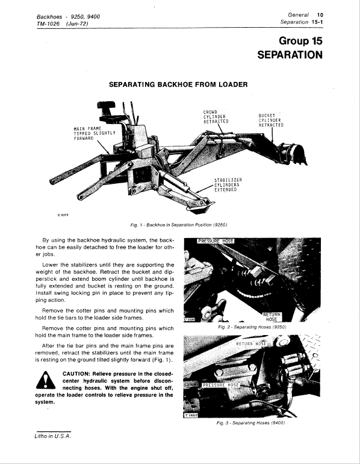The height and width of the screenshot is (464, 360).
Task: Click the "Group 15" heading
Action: (300, 40)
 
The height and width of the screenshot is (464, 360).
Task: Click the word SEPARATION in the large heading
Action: (290, 55)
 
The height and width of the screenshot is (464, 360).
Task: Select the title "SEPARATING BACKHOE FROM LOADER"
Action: (178, 84)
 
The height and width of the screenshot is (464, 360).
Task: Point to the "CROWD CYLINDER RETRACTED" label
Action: (216, 116)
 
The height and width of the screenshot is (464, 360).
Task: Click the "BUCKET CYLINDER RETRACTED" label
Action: (271, 120)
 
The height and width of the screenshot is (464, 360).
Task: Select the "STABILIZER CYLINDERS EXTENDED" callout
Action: (228, 184)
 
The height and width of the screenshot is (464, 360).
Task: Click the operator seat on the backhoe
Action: (107, 110)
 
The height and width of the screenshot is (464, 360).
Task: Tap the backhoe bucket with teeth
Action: (294, 153)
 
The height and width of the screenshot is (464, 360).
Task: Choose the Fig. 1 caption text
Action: (179, 225)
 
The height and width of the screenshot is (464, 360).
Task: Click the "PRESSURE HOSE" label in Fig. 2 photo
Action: (216, 241)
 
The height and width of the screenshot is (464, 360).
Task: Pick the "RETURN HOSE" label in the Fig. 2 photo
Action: (272, 317)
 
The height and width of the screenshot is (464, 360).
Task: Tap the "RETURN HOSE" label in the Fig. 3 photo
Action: (251, 343)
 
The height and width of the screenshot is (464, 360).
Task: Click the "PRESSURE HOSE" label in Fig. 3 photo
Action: (220, 385)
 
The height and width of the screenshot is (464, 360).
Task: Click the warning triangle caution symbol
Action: (46, 380)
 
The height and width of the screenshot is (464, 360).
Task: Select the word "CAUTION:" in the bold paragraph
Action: (76, 374)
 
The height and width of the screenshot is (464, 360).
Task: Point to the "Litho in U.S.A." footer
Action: (53, 436)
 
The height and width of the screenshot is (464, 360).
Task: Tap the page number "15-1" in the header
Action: (317, 22)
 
